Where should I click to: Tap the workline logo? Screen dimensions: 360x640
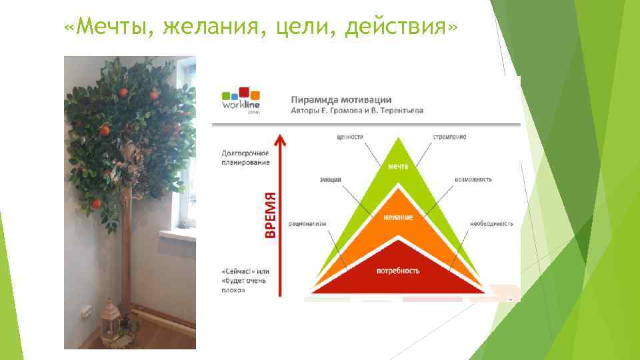[241, 101]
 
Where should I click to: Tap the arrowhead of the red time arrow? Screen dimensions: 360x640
[281, 141]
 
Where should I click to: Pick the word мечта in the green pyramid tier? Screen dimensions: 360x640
[398, 166]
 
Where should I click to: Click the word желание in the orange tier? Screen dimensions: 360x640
[398, 217]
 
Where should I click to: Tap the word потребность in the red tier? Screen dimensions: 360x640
[398, 271]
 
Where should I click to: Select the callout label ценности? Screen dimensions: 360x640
[349, 137]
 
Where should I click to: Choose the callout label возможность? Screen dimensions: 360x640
[473, 179]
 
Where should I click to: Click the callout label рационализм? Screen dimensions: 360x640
[307, 223]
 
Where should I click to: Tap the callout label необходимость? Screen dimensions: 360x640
[491, 223]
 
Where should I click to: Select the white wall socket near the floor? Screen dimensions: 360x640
[86, 310]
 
